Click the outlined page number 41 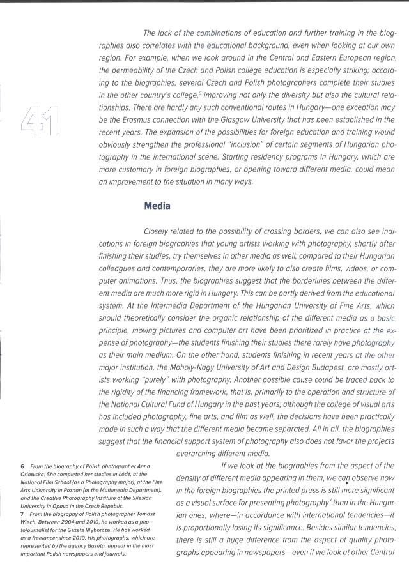coord(40,121)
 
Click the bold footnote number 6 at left coord(23,468)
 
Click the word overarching coord(198,454)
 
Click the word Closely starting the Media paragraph coord(158,230)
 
